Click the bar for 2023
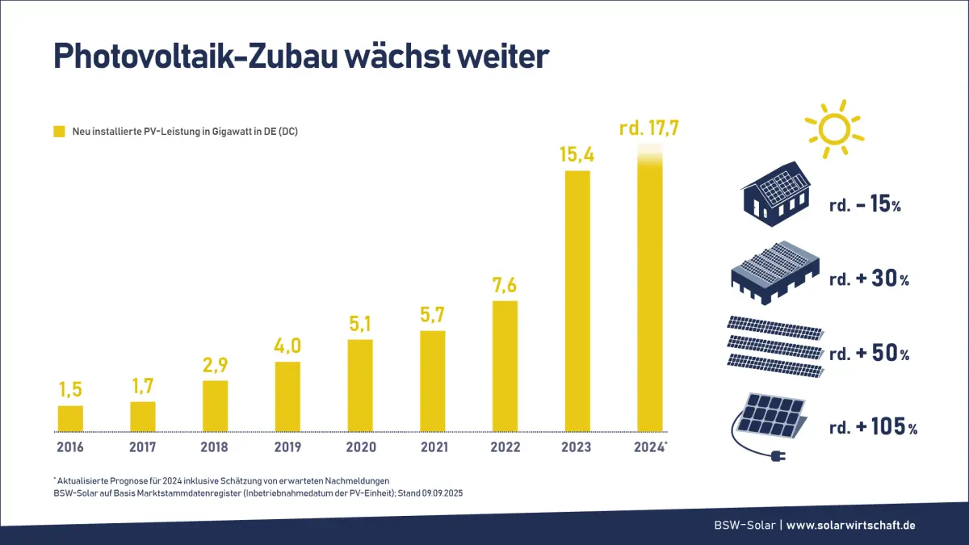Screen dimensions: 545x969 click(577, 300)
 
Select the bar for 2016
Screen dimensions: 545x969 click(70, 418)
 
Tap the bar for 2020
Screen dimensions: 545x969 click(360, 385)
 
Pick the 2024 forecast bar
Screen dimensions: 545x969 click(650, 291)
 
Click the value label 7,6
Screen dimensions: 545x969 click(505, 287)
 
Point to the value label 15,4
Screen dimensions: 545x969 click(577, 154)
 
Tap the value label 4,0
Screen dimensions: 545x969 click(287, 346)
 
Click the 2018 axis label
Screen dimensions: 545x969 click(215, 446)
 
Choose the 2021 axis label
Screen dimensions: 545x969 click(433, 446)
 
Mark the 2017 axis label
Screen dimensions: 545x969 click(142, 446)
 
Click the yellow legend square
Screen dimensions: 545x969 click(59, 131)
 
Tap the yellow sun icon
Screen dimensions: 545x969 click(833, 128)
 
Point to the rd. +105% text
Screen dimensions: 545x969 click(873, 428)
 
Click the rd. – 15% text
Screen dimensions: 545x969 click(865, 205)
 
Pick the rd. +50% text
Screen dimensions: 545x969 click(869, 354)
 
